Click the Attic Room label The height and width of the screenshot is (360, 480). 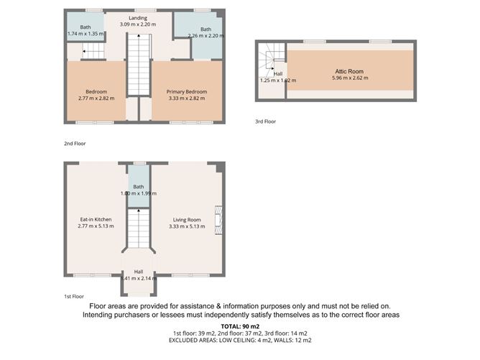pyautogui.click(x=349, y=72)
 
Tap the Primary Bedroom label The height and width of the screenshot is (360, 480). pyautogui.click(x=187, y=91)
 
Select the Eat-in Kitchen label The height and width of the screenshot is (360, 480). pyautogui.click(x=96, y=219)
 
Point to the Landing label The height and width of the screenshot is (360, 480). pyautogui.click(x=138, y=18)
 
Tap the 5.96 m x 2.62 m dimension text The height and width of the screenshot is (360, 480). pyautogui.click(x=349, y=78)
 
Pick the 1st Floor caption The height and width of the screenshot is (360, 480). pyautogui.click(x=73, y=296)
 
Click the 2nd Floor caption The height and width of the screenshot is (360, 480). pyautogui.click(x=74, y=144)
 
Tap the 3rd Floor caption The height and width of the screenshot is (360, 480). pyautogui.click(x=266, y=121)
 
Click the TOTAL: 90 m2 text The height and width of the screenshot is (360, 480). pyautogui.click(x=240, y=326)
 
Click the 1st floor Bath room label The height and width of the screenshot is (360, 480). pyautogui.click(x=138, y=187)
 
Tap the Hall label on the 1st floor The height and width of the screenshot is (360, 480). pyautogui.click(x=138, y=272)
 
